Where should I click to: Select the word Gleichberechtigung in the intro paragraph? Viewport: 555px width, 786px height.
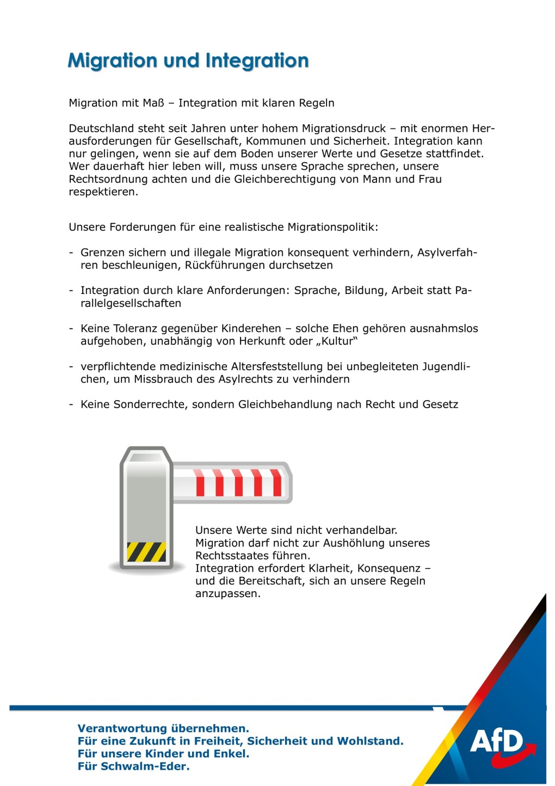[286, 179]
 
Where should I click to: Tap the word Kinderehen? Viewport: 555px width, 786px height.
[251, 328]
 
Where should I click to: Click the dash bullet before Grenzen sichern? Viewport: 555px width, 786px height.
[71, 253]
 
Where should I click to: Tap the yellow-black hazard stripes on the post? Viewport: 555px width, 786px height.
[146, 551]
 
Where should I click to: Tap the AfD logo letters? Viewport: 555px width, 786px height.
[496, 741]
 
